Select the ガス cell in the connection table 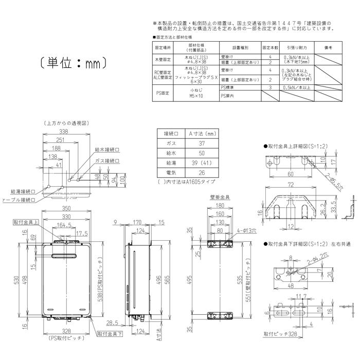tap(170, 143)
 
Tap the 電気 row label tap(170, 172)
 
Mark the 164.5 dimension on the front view tap(65, 225)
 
